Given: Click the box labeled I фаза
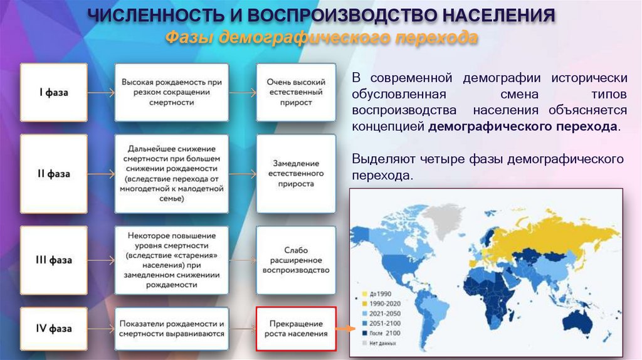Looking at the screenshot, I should pyautogui.click(x=54, y=92).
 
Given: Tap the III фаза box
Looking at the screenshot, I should pyautogui.click(x=54, y=260).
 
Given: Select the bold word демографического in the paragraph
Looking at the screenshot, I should pyautogui.click(x=480, y=126).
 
